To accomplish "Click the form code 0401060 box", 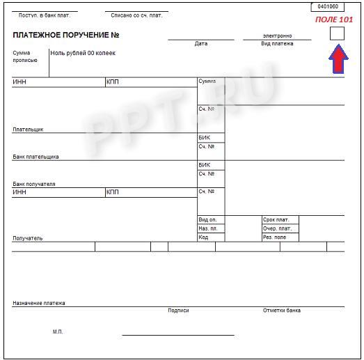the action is (327, 6).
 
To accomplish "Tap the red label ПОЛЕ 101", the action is (334, 19).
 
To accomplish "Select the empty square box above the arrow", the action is (337, 33).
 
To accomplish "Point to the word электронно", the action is (277, 36).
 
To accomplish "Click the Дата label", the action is (201, 44).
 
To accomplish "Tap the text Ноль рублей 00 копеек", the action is (83, 53).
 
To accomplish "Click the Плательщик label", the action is (28, 130).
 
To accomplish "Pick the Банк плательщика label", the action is (35, 157).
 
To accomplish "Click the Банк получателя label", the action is (34, 184).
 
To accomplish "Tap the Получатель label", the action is (28, 238).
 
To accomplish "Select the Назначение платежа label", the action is (39, 303).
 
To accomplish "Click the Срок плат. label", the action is (276, 220).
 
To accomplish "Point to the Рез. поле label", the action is (274, 237).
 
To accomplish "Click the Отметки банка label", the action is (282, 311).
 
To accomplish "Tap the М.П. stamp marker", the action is (58, 331).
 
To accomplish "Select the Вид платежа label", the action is (277, 44).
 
